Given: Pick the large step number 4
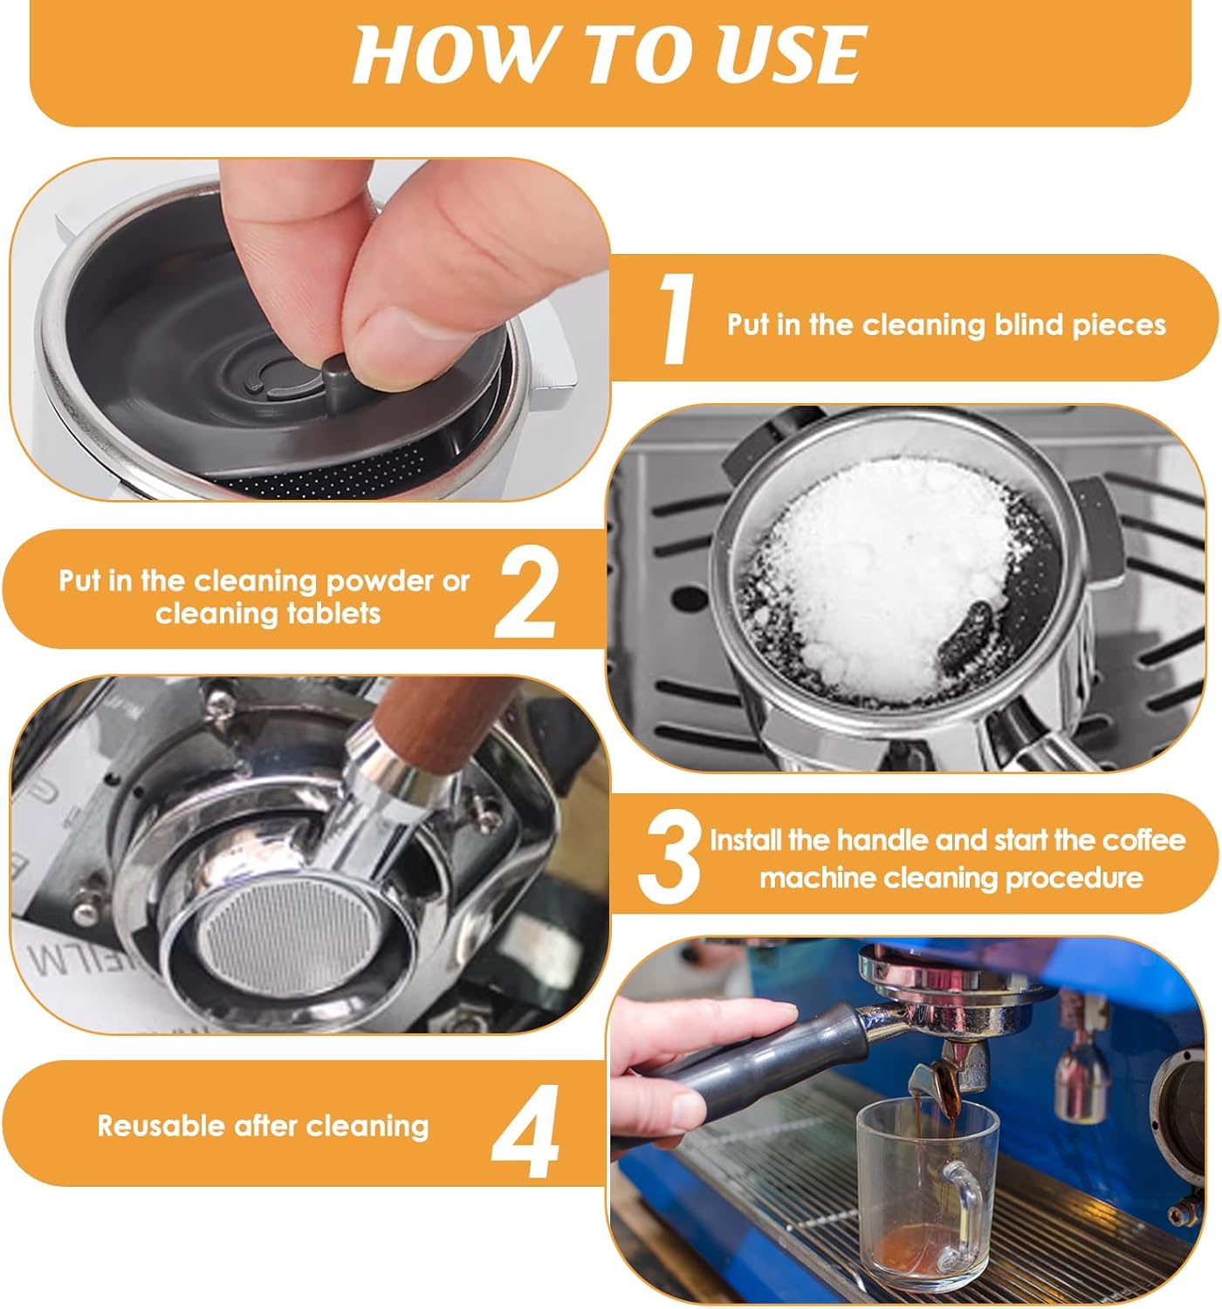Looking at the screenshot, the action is (x=525, y=1131).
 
